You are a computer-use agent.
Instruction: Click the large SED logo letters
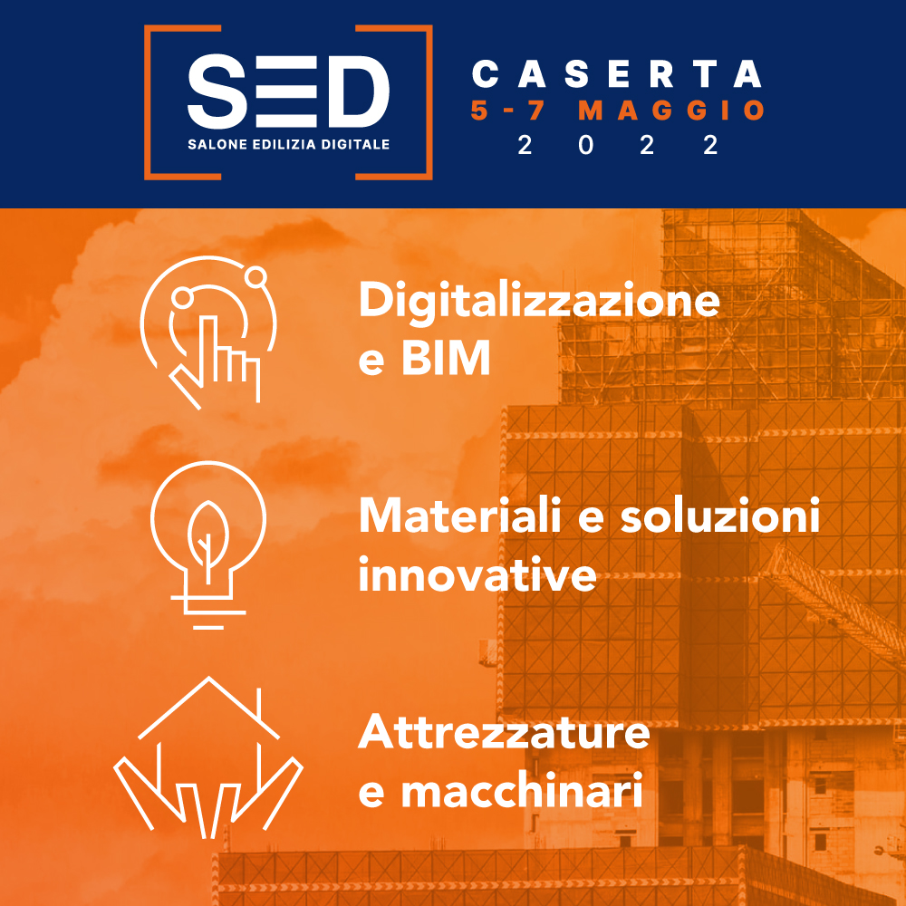(288, 92)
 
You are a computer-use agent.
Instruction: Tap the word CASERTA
(617, 74)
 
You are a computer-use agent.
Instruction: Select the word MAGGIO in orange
(672, 111)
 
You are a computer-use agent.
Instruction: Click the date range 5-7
(508, 111)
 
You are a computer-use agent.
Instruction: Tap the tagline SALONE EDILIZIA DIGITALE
(288, 144)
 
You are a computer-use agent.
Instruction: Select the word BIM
(446, 358)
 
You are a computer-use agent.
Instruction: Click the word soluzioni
(720, 516)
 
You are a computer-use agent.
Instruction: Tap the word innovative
(477, 573)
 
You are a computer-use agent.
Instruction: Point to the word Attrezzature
(504, 732)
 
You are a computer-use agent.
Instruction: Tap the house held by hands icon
(208, 757)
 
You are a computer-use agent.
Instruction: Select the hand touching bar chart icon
(208, 333)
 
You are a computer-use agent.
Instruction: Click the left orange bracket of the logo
(151, 102)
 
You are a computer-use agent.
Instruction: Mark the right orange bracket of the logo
(429, 102)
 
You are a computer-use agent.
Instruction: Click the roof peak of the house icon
(208, 678)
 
